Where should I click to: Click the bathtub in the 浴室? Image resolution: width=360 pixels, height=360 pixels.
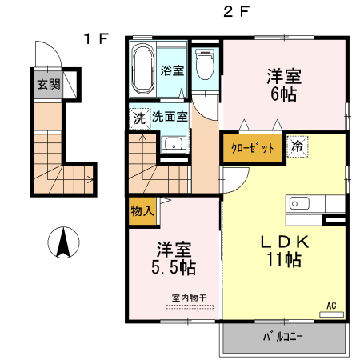(x=144, y=70)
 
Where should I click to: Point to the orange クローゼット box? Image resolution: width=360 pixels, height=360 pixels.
(x=254, y=148)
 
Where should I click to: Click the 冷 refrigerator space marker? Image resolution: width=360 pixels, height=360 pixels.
(x=297, y=146)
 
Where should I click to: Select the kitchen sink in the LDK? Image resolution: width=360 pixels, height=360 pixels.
(x=302, y=204)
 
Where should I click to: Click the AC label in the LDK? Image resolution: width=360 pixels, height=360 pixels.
(x=331, y=305)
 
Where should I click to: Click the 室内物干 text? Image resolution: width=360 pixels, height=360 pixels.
(x=190, y=298)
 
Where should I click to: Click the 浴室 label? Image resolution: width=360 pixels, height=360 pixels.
(x=172, y=70)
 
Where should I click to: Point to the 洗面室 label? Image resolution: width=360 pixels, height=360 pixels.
(x=170, y=117)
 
